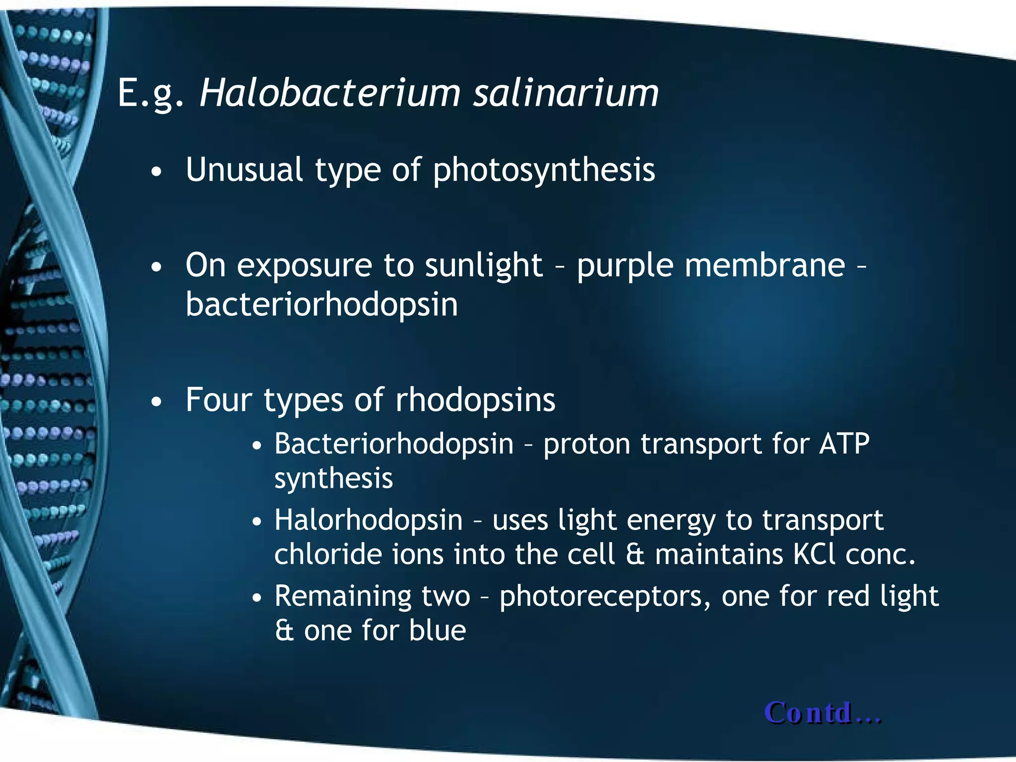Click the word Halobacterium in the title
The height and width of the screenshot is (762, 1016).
coord(330,93)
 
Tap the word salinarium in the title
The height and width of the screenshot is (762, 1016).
coord(566,93)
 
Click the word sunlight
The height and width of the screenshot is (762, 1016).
coord(484,265)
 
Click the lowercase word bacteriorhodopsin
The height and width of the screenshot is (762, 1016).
coord(321,305)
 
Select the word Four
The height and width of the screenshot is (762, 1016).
coord(218,400)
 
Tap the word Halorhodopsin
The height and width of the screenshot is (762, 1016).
coord(369,520)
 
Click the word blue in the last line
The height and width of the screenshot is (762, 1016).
coord(438,631)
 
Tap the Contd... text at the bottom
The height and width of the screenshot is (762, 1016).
coord(823,713)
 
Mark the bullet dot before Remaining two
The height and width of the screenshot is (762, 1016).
coord(256,598)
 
